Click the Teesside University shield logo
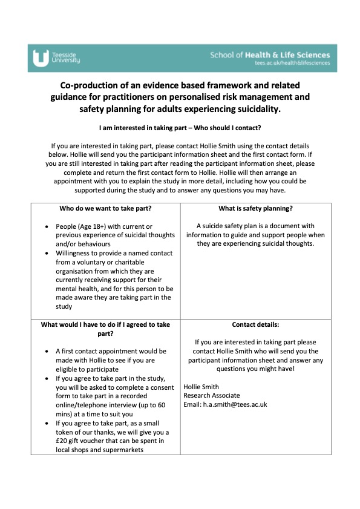coord(41,57)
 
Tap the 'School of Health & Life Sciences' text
coord(270,54)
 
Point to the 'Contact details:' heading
coord(256,324)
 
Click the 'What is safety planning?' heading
coord(256,209)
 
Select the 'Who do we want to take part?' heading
coord(105,209)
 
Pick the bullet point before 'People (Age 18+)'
coord(48,226)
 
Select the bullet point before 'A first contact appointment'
coord(48,351)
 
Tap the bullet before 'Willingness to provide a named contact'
coord(48,252)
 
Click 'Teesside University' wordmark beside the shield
coord(65,57)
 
